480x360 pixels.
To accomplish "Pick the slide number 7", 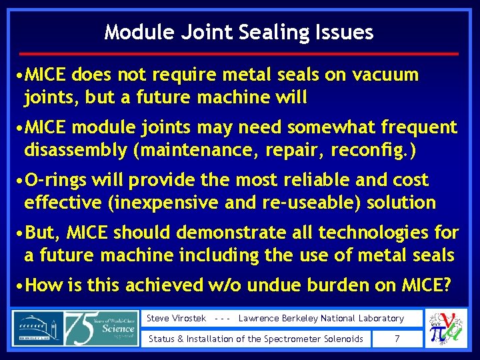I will point(397,339).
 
